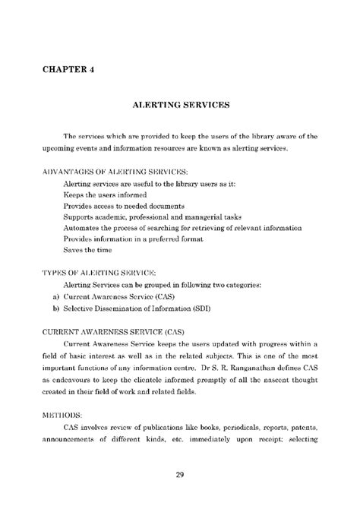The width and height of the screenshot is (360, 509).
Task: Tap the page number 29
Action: click(180, 476)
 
